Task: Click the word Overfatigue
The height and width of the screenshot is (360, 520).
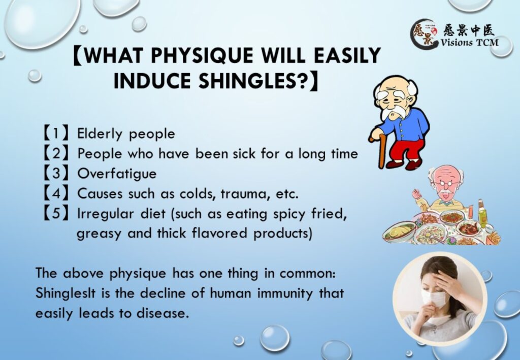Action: click(x=117, y=174)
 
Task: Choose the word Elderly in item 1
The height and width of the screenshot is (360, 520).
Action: click(x=100, y=134)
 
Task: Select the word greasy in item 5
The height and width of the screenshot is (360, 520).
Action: click(x=99, y=234)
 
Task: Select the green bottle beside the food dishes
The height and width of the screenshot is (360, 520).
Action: click(x=481, y=213)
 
